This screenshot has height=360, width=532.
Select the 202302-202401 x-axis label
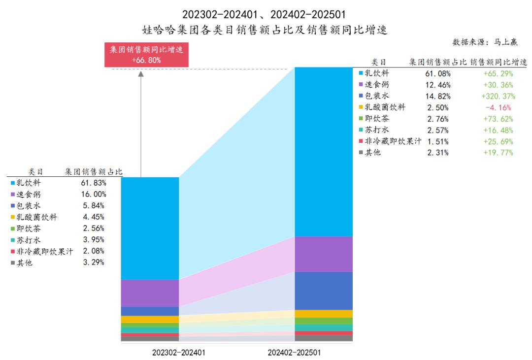click(179, 353)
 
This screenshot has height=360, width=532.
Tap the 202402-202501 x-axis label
click(294, 353)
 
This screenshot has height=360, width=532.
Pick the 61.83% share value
click(94, 183)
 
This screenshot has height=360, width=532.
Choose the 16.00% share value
click(94, 194)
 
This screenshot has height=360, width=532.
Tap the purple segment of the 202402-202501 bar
click(324, 254)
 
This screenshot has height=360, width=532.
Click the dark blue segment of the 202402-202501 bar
click(324, 291)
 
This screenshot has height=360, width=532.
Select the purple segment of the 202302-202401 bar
click(150, 293)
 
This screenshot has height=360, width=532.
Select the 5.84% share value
click(94, 205)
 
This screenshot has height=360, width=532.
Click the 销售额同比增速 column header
click(498, 62)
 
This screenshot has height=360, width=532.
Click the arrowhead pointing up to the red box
click(141, 74)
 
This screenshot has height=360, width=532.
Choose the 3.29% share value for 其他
click(94, 262)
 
